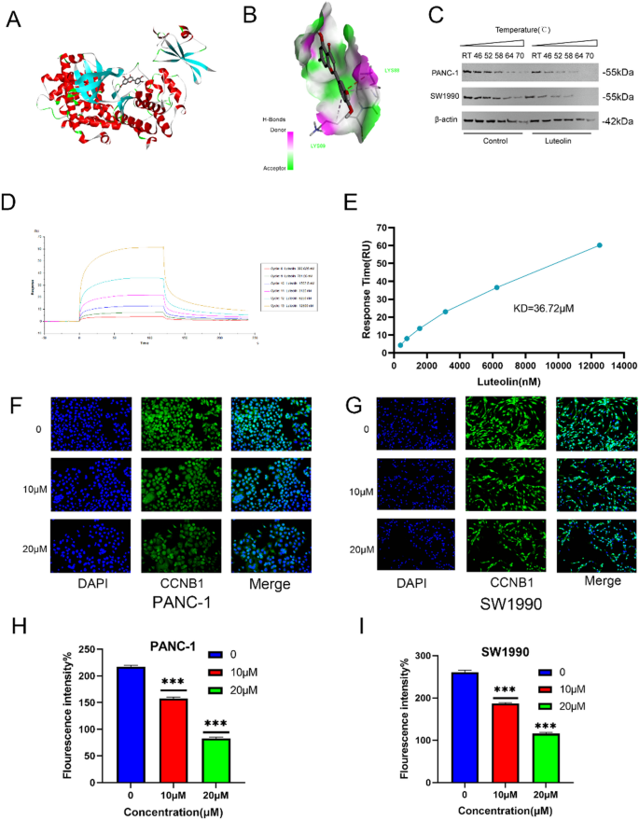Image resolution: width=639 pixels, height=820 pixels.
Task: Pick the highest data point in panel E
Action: tap(600, 245)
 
